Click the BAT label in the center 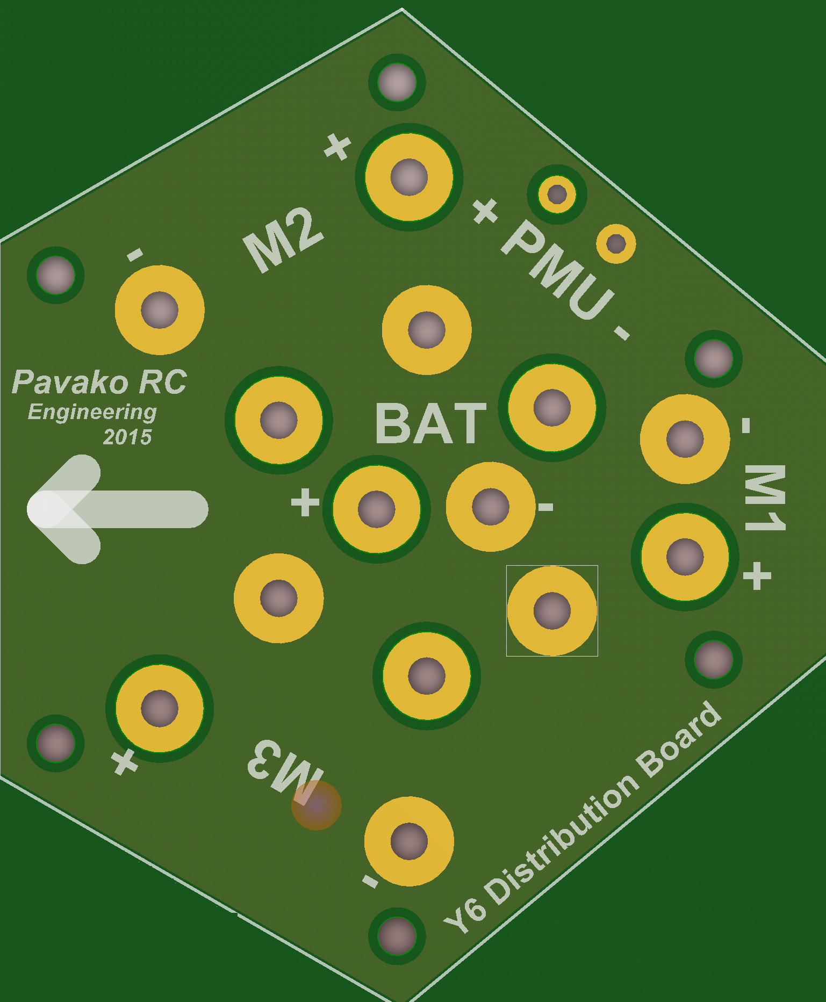(x=431, y=424)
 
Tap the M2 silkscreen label (x=283, y=240)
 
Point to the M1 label (x=765, y=497)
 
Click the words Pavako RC (x=99, y=383)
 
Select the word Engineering (x=92, y=412)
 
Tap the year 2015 (x=127, y=437)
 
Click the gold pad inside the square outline (x=552, y=611)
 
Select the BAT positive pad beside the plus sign (x=376, y=509)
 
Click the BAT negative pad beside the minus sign (x=490, y=507)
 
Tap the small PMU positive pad (x=557, y=193)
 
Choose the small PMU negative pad (x=616, y=244)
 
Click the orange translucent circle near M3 (x=317, y=805)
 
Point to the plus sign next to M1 (x=757, y=576)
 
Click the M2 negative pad (x=160, y=310)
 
